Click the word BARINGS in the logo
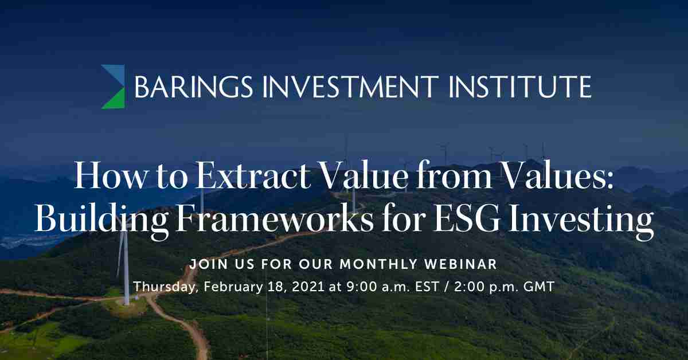click(x=194, y=87)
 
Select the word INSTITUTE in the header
click(x=520, y=87)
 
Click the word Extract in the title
click(x=253, y=175)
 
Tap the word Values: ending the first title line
click(x=557, y=175)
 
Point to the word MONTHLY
click(x=378, y=264)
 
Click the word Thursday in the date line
click(x=166, y=287)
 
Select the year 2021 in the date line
click(x=308, y=287)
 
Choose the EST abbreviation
click(x=427, y=287)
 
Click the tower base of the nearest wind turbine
click(x=126, y=303)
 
